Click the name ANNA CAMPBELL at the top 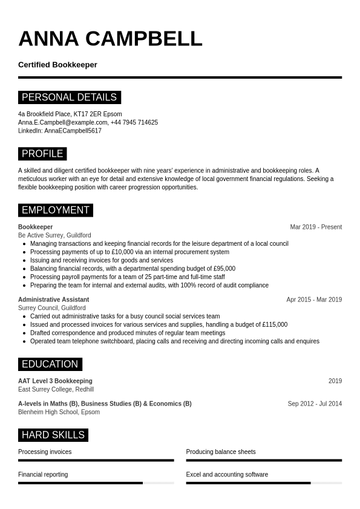[x=110, y=39]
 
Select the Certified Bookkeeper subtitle [x=57, y=65]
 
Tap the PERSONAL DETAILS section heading [x=69, y=97]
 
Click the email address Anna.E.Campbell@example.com [x=63, y=122]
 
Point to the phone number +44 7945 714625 [x=134, y=122]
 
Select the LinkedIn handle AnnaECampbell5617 [x=73, y=131]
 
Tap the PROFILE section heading [x=42, y=154]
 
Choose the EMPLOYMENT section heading [x=55, y=210]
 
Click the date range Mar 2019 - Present [x=316, y=227]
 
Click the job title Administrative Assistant [x=53, y=300]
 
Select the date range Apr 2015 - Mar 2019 [x=314, y=300]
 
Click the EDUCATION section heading [x=50, y=364]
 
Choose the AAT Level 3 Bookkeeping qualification [x=55, y=381]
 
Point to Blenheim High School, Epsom [x=59, y=412]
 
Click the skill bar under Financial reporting [x=96, y=483]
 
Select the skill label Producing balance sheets [x=221, y=452]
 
